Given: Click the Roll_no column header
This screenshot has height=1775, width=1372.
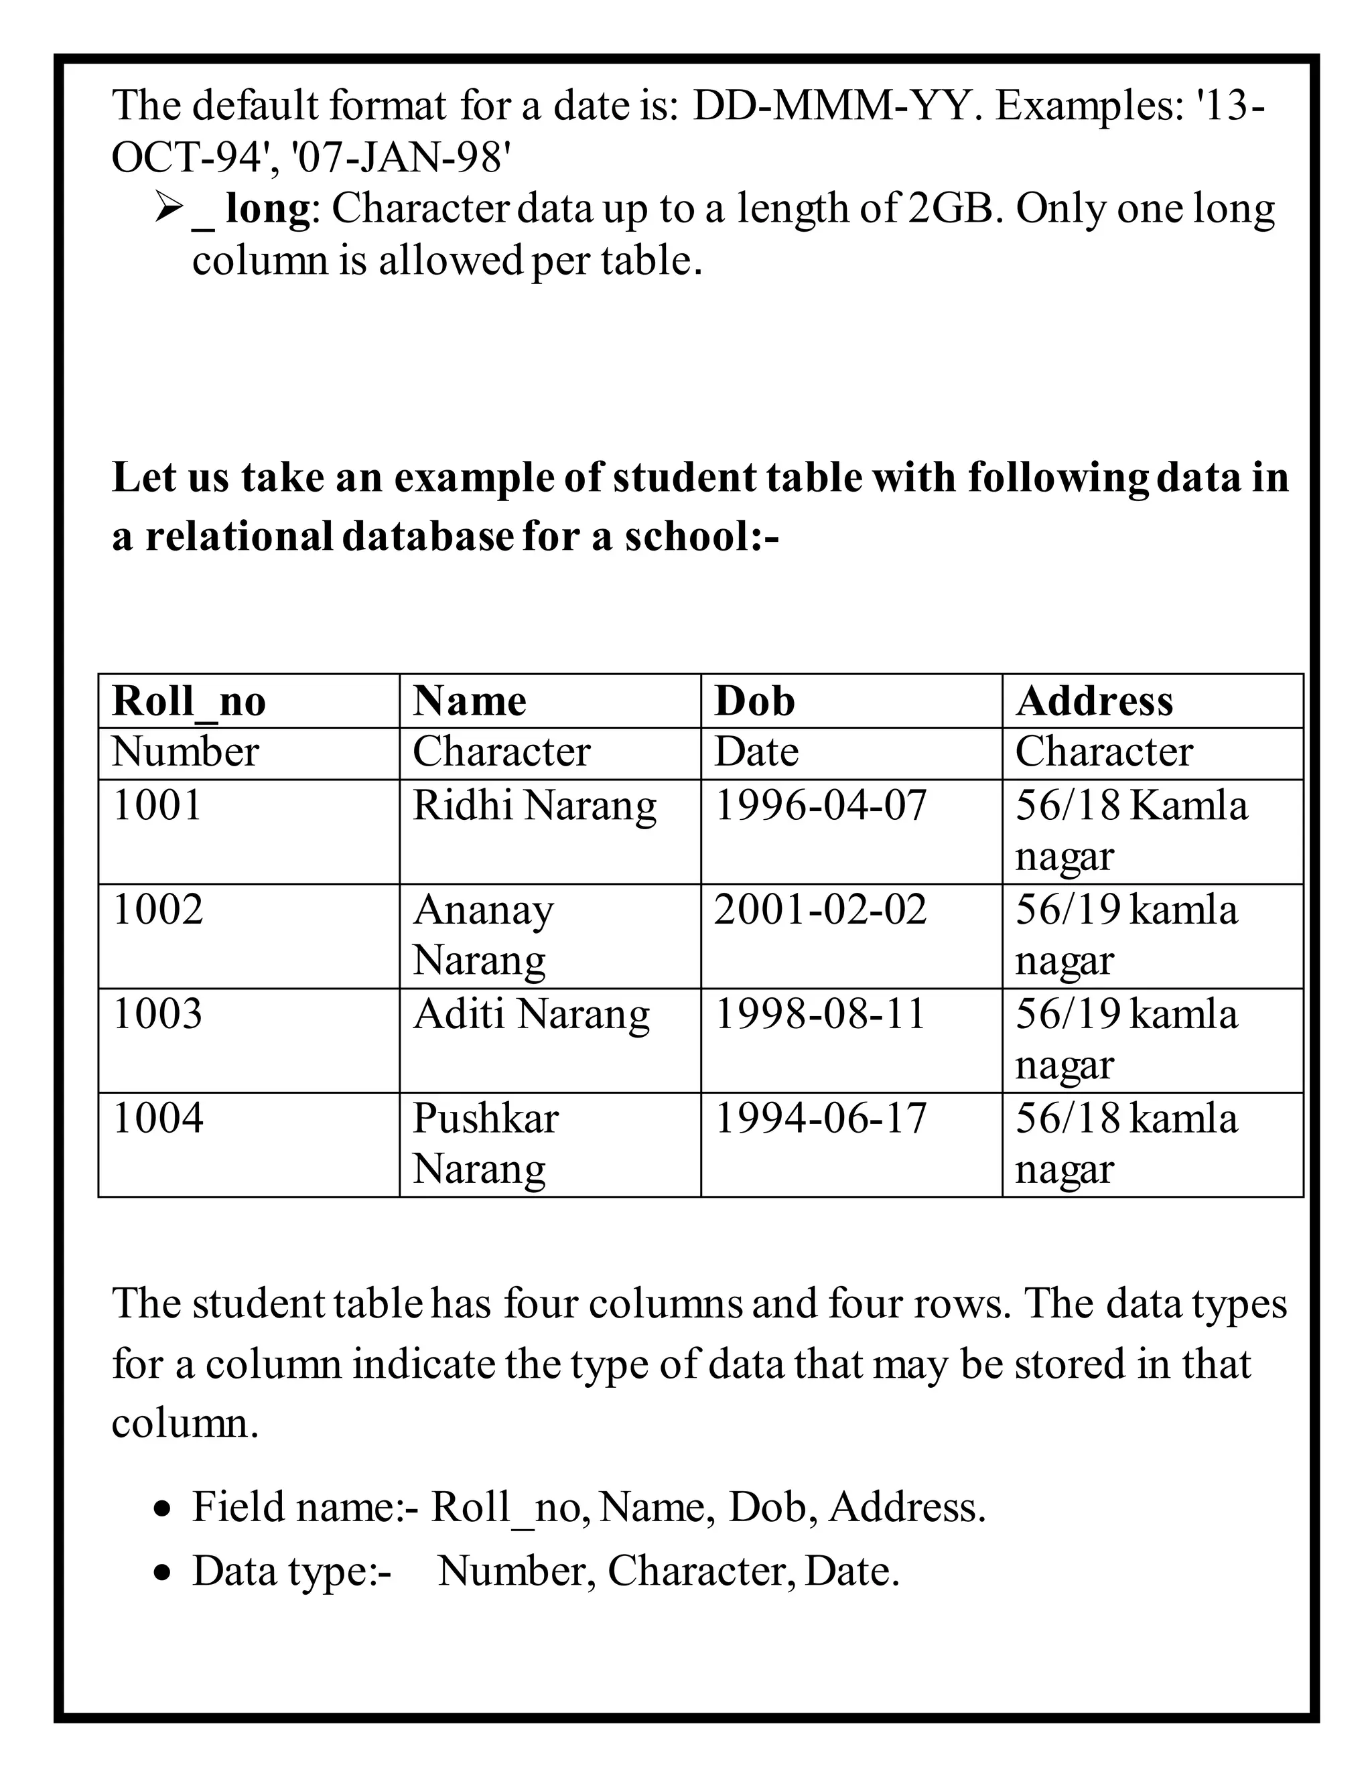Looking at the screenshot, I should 188,701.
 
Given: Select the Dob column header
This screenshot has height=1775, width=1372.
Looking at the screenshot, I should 754,701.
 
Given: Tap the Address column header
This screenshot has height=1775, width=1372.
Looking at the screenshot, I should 1094,701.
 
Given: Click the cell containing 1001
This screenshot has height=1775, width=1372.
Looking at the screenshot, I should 157,806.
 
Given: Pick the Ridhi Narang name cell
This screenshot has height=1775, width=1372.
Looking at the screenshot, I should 534,806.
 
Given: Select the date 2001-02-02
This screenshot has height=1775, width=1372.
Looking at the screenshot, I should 820,910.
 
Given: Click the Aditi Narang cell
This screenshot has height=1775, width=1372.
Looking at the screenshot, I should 531,1014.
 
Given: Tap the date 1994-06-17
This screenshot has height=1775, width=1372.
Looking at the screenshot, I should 820,1119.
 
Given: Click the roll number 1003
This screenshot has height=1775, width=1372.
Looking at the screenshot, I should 157,1014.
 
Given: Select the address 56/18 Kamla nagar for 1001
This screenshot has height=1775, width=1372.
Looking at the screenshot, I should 1129,830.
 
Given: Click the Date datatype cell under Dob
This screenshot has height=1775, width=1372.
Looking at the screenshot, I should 756,752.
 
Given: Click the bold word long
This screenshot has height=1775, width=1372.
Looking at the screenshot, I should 268,208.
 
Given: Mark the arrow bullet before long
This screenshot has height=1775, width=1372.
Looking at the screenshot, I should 167,210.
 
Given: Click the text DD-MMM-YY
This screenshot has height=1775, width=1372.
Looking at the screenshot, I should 831,106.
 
